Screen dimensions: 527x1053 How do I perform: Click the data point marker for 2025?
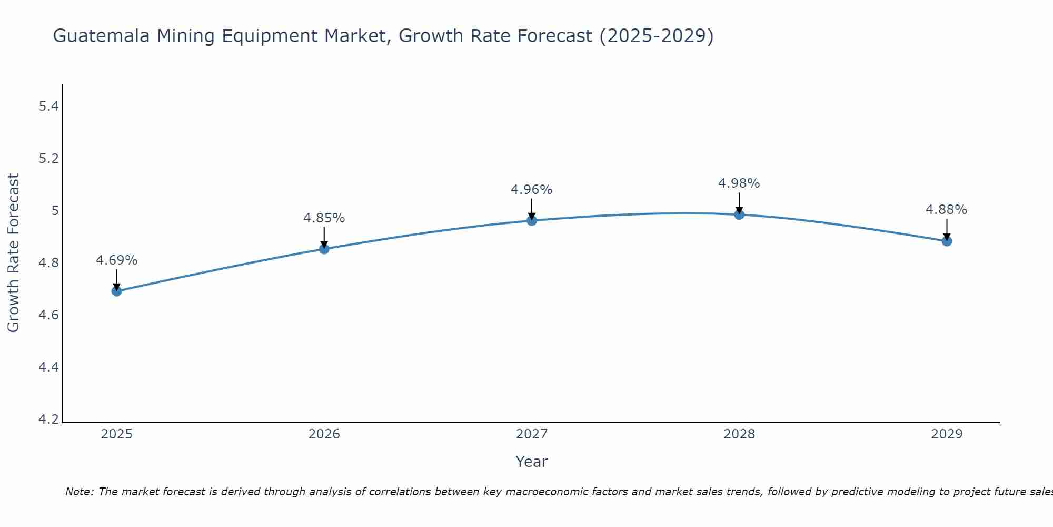click(116, 291)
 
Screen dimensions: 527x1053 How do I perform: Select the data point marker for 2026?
click(324, 249)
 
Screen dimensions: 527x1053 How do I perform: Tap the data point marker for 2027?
click(532, 220)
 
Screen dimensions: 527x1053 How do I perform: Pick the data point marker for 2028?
click(739, 214)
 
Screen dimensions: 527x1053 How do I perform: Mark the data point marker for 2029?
click(947, 241)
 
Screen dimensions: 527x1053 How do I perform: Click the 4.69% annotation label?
click(116, 260)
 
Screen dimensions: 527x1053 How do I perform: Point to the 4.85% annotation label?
click(324, 218)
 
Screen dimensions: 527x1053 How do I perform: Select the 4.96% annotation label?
click(532, 190)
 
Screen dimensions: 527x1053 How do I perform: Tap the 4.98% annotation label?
click(739, 183)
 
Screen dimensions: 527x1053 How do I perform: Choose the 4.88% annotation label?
click(947, 210)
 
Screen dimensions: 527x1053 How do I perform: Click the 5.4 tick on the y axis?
click(48, 106)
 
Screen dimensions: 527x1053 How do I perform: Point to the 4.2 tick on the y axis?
click(48, 419)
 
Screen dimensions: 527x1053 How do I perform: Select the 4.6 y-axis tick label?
click(48, 315)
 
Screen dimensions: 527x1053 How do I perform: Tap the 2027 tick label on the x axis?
click(532, 434)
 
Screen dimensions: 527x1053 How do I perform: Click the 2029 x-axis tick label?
click(947, 434)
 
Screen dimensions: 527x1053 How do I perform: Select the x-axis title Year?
click(532, 462)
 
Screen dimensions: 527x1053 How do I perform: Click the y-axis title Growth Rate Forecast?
click(13, 253)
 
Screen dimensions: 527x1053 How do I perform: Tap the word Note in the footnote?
click(78, 492)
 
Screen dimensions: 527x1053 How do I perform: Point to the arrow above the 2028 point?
click(739, 202)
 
